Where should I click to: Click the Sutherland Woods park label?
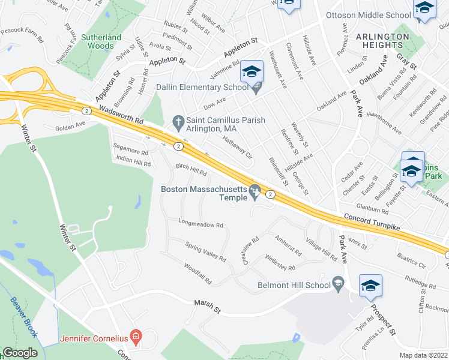101,41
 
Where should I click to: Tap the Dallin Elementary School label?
202,88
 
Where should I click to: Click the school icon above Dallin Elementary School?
252,73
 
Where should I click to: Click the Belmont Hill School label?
294,285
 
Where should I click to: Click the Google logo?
20,353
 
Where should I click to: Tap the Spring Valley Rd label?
205,253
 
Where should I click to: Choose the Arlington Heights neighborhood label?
382,40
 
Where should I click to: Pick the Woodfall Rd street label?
198,274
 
